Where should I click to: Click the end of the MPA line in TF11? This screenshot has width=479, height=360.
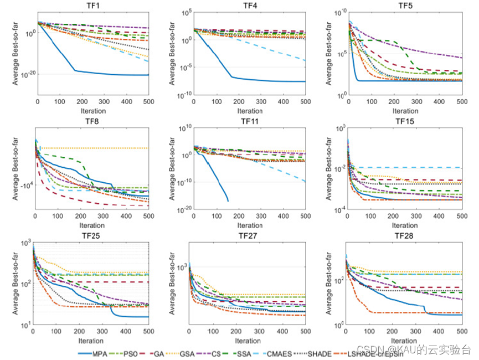click(x=228, y=200)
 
